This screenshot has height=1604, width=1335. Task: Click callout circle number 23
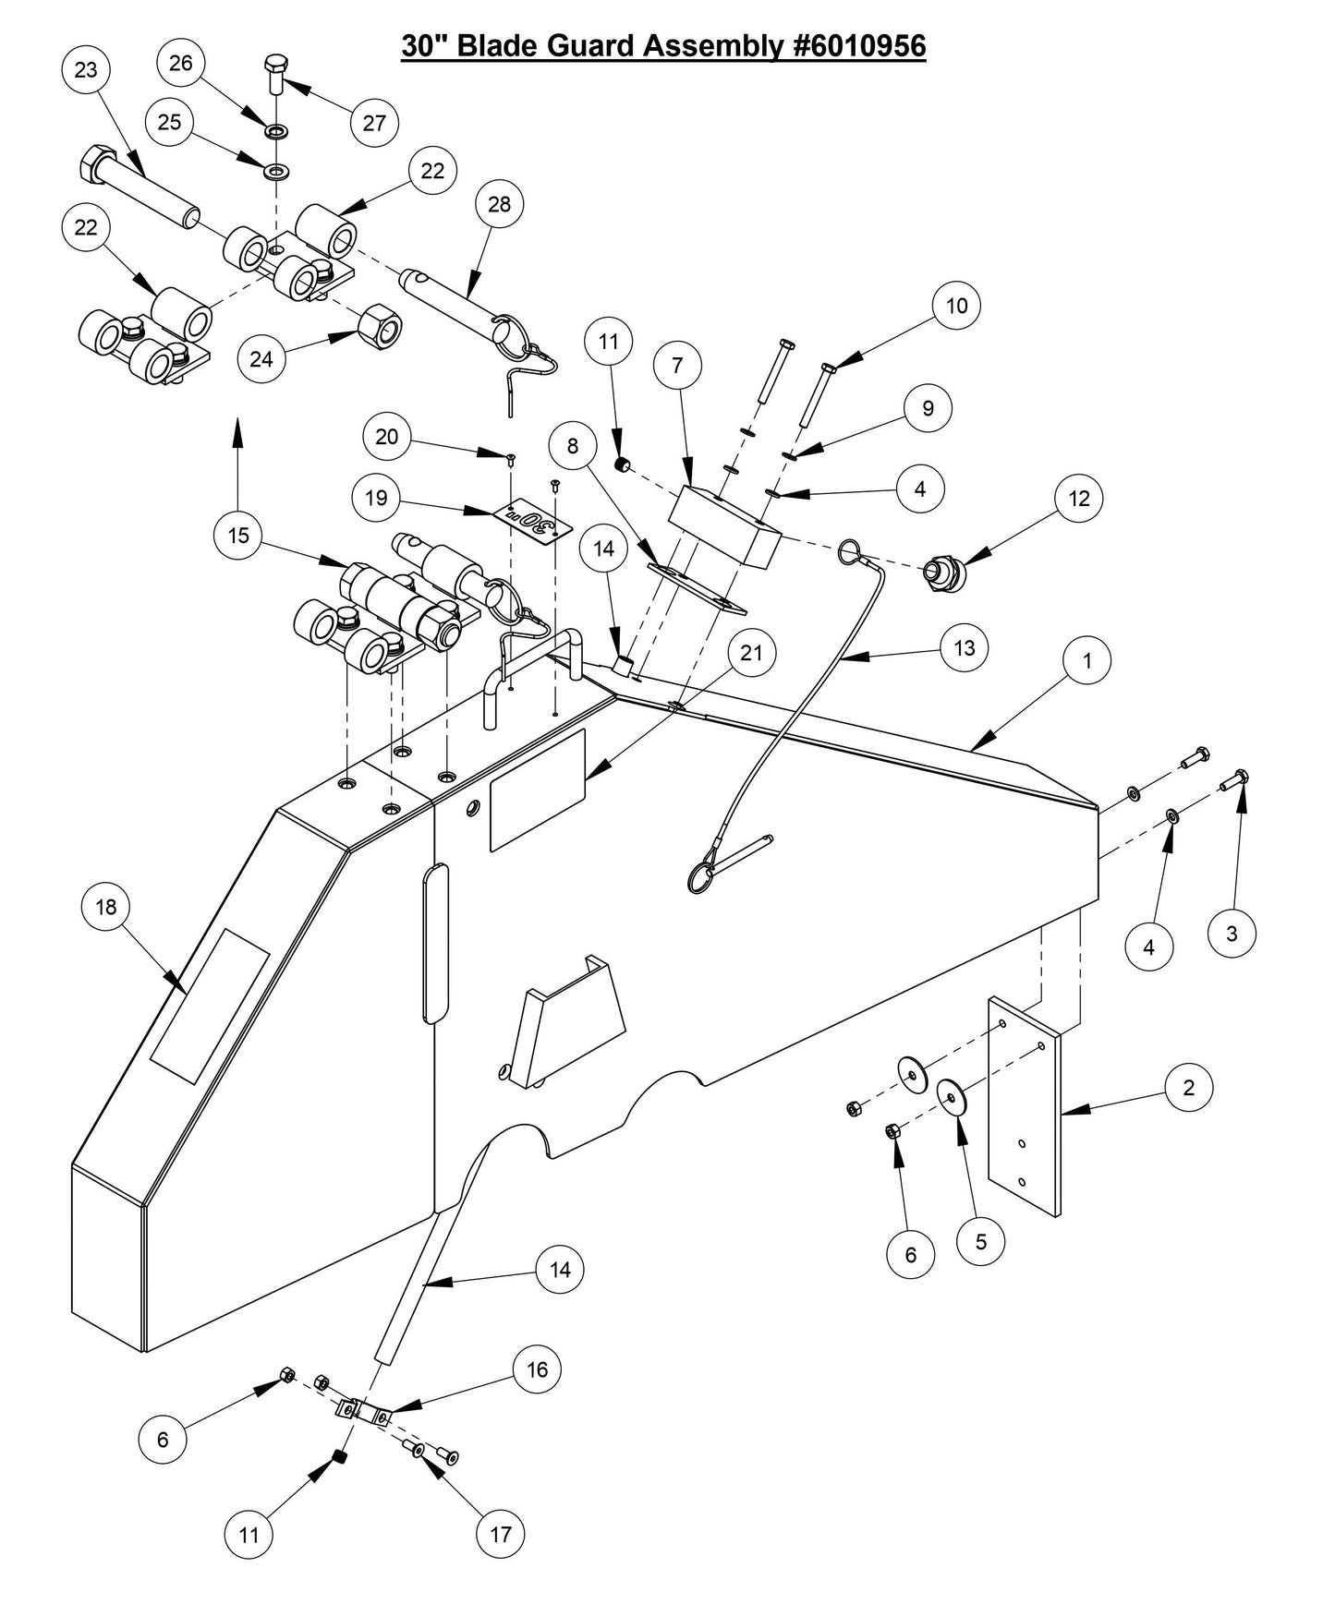click(x=86, y=71)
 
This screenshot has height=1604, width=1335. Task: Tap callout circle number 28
click(x=498, y=204)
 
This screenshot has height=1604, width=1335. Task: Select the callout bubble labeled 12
click(x=1079, y=499)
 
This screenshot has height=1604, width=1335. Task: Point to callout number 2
click(x=1188, y=1088)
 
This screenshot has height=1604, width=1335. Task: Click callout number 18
click(x=106, y=907)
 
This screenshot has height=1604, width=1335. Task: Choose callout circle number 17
click(x=500, y=1535)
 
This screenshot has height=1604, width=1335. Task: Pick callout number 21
click(x=752, y=653)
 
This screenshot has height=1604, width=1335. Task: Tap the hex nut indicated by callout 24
click(x=379, y=325)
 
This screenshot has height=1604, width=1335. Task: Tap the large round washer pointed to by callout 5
click(x=952, y=1095)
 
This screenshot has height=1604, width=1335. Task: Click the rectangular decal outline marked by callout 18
click(x=210, y=1007)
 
